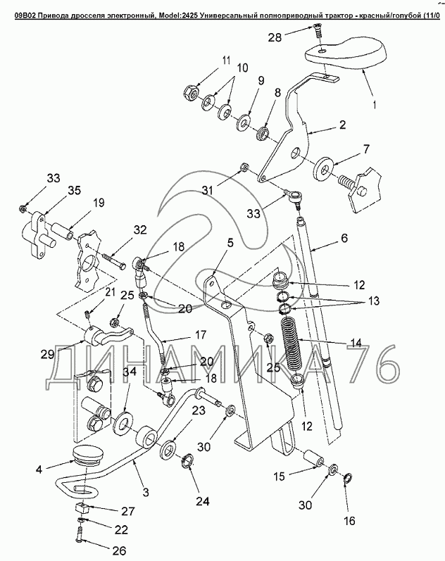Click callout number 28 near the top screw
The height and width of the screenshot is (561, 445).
tap(275, 37)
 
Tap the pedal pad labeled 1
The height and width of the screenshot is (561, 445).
tap(346, 54)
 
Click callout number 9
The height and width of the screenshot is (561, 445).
tap(261, 81)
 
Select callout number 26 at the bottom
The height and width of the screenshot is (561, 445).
tap(119, 550)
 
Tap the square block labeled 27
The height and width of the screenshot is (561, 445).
tap(82, 508)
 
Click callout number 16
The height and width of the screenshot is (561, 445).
tap(349, 521)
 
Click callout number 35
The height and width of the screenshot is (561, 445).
tap(74, 191)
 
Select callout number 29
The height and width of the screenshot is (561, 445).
tap(47, 354)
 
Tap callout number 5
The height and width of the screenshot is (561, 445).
tap(230, 243)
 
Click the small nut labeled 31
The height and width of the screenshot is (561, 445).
tap(244, 167)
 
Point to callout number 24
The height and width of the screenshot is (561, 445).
tap(202, 501)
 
